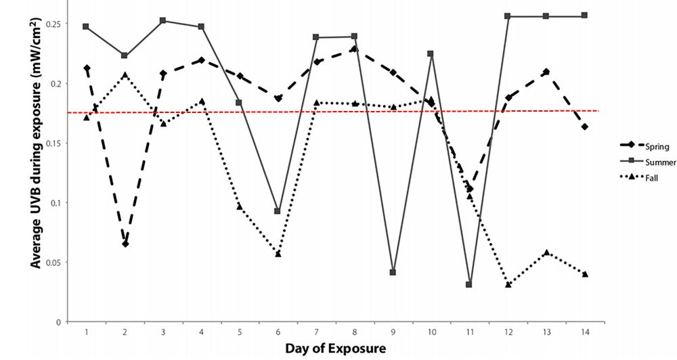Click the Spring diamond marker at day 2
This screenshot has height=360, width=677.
(x=125, y=244)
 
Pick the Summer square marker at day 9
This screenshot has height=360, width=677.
(x=393, y=272)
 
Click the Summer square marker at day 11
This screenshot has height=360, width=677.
(x=469, y=285)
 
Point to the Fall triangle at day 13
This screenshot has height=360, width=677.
(x=546, y=252)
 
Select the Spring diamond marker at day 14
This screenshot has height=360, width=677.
(x=584, y=127)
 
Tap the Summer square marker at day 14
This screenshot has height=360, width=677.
(x=584, y=16)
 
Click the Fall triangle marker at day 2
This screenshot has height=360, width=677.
(x=125, y=74)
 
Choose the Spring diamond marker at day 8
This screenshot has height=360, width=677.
(x=354, y=49)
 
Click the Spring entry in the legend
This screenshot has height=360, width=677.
(x=651, y=146)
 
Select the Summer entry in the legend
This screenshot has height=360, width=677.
(x=654, y=162)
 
